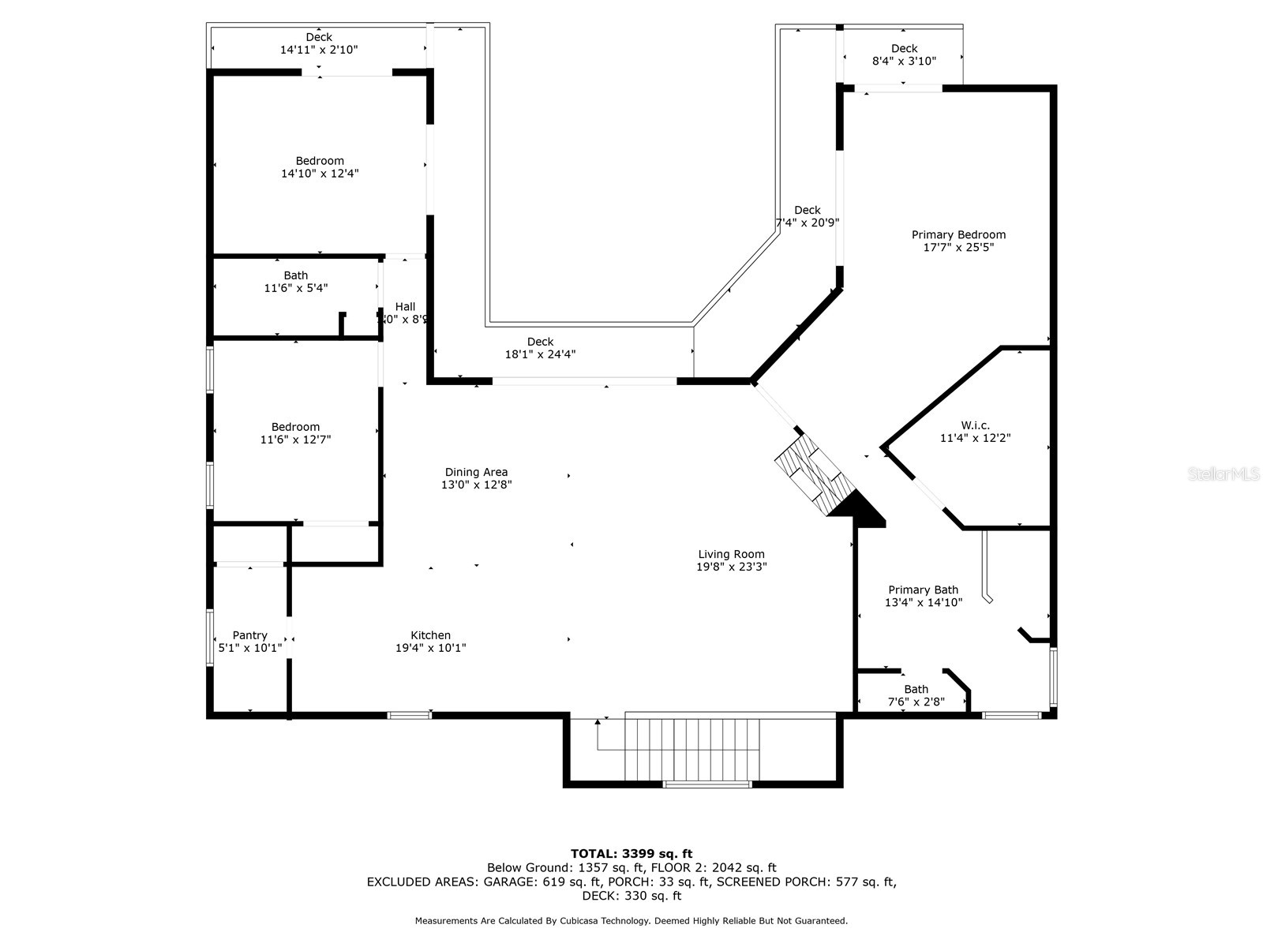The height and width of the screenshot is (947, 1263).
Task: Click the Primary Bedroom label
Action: pos(958,234)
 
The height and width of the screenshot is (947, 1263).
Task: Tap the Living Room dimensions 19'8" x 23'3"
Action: pos(731,567)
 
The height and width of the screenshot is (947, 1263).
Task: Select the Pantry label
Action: pos(249,635)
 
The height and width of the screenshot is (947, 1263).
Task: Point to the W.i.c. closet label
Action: pos(975,425)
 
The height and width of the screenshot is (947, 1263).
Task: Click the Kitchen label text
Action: pos(430,635)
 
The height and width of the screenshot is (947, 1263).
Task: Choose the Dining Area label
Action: pos(476,472)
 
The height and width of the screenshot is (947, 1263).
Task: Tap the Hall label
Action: pos(405,307)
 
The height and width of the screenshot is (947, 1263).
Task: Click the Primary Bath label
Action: pos(923,590)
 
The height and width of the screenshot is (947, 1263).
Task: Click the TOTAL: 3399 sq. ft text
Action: pos(631,853)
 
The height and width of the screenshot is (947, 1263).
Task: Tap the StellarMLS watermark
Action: pos(1223,473)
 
